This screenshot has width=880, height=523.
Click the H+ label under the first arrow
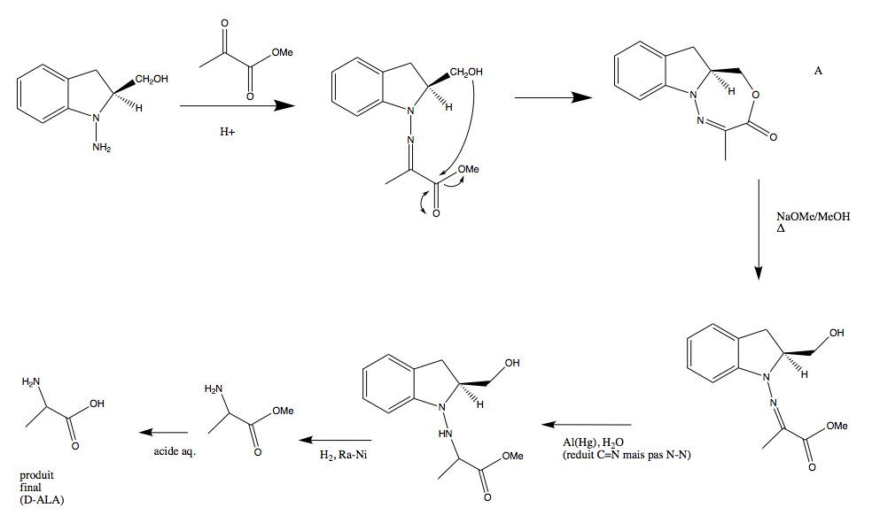click(x=228, y=132)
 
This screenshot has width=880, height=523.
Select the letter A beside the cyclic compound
click(x=818, y=70)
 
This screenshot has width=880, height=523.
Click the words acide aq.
click(x=174, y=452)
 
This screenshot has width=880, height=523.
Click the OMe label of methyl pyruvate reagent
click(x=283, y=54)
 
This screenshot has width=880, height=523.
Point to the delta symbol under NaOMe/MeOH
click(x=781, y=228)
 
